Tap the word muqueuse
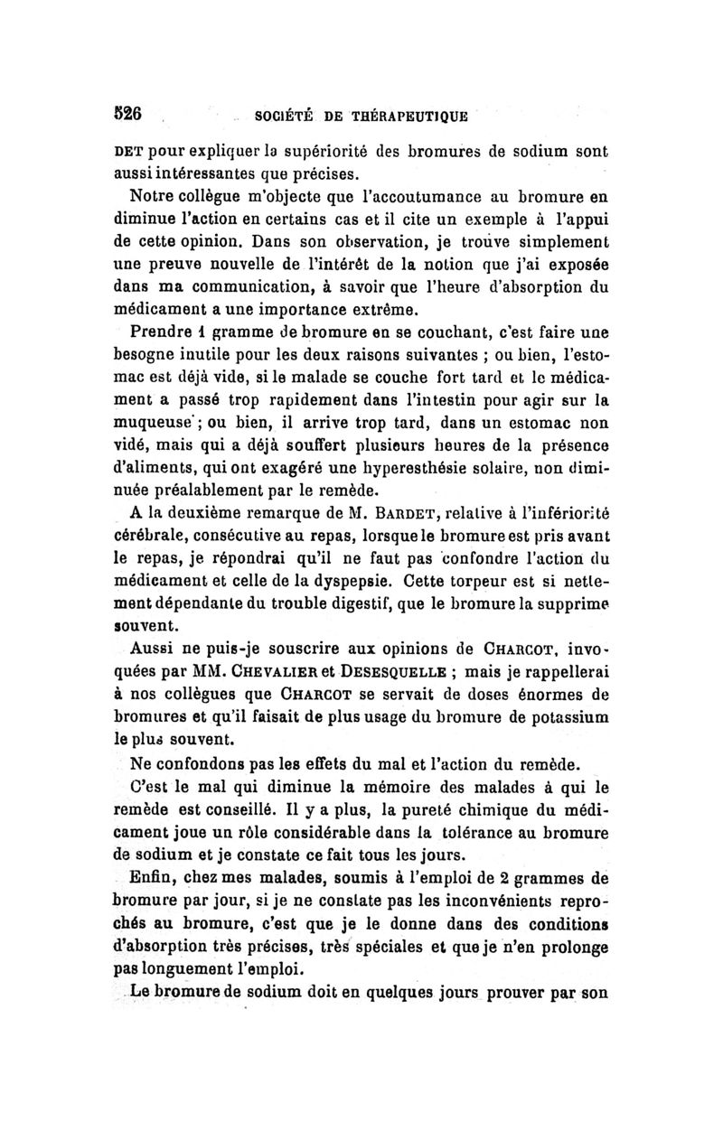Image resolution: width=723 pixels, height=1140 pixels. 168,422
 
